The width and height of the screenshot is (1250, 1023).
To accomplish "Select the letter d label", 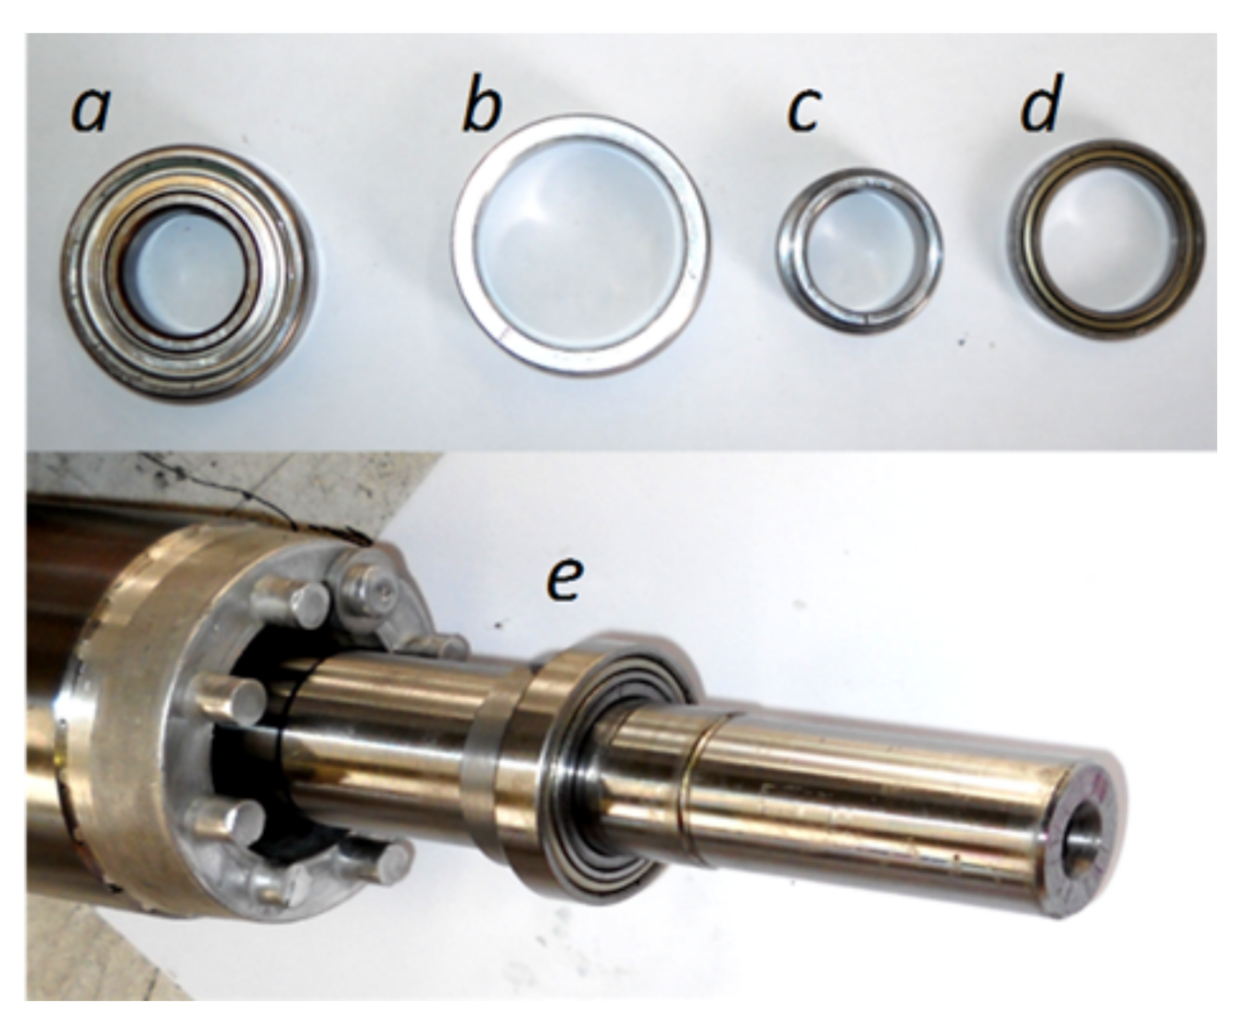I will pos(1041,104).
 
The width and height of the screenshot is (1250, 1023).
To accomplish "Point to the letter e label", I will pos(565,581).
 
